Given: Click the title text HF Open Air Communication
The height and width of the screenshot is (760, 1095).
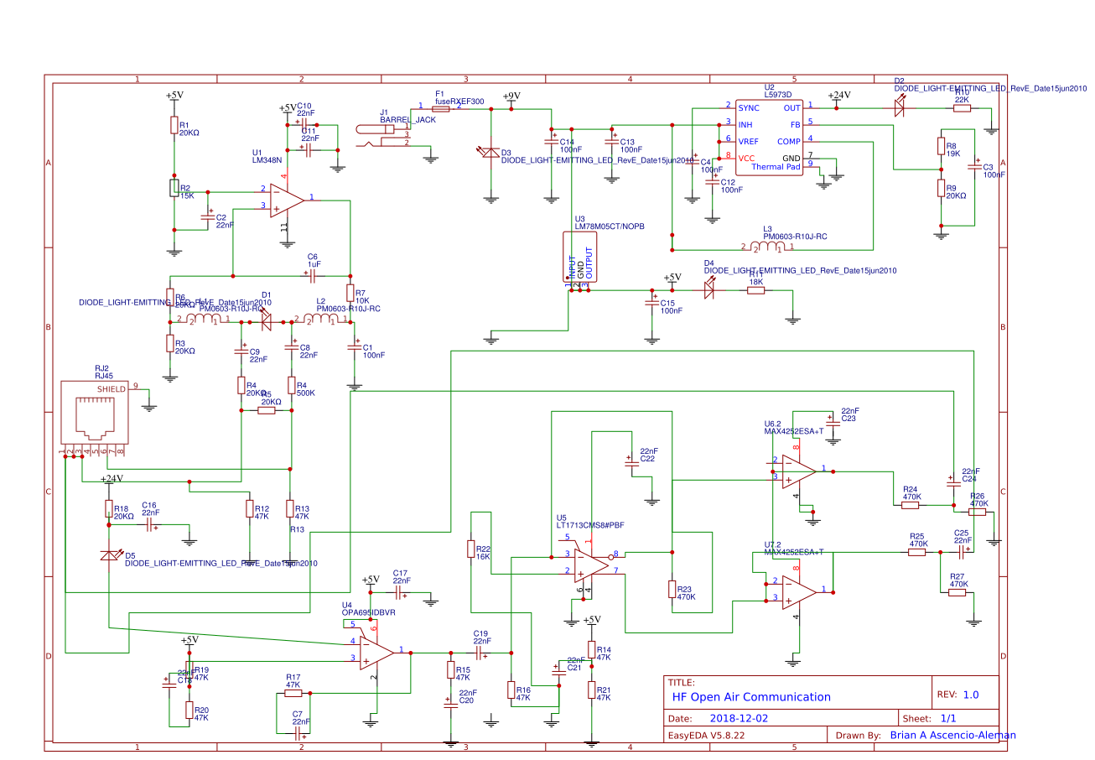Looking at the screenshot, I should [x=750, y=697].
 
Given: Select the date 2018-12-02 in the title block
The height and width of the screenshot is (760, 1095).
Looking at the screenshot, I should [x=738, y=719].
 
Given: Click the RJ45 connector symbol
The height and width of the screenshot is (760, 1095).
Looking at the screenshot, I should [x=95, y=414].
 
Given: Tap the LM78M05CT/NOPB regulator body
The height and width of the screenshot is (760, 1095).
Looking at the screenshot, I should [x=579, y=258].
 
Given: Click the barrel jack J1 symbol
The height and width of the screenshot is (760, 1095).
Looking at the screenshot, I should [x=381, y=134].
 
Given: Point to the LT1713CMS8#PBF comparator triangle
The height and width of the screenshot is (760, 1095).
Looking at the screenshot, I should [x=591, y=563].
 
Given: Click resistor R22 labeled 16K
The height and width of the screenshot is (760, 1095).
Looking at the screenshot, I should [x=472, y=549].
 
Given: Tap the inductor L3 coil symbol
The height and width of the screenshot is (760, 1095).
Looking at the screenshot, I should [x=768, y=247].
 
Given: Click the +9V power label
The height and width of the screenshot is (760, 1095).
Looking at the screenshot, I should [x=511, y=96].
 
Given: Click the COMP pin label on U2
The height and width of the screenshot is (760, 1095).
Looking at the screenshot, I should [x=788, y=141].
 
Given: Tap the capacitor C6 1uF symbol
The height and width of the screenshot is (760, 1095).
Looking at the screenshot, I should [x=313, y=274].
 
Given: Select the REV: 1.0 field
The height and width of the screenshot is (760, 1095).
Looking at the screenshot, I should [x=964, y=695].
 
